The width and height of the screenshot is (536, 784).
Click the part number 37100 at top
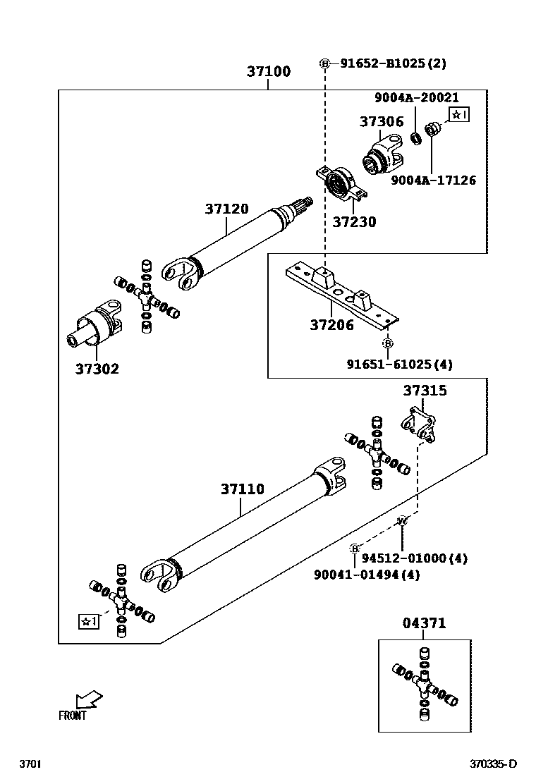pyautogui.click(x=268, y=72)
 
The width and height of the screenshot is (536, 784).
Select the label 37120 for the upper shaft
pyautogui.click(x=226, y=209)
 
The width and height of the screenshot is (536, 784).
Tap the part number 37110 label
pyautogui.click(x=242, y=489)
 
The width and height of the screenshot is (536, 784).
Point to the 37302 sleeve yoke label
pyautogui.click(x=97, y=369)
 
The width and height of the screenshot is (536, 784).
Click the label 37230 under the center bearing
pyautogui.click(x=354, y=222)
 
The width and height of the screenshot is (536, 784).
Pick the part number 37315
pyautogui.click(x=425, y=391)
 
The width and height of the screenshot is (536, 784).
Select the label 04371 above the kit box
pyautogui.click(x=424, y=623)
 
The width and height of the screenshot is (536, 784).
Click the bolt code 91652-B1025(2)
pyautogui.click(x=393, y=63)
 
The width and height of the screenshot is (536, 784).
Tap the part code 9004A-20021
pyautogui.click(x=416, y=98)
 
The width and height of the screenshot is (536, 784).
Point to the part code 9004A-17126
pyautogui.click(x=433, y=180)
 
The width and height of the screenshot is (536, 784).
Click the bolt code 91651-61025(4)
pyautogui.click(x=399, y=365)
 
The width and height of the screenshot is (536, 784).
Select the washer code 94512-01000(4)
pyautogui.click(x=415, y=558)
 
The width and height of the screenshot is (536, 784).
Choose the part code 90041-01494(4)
pyautogui.click(x=367, y=575)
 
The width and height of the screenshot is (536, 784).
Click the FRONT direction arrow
pyautogui.click(x=89, y=700)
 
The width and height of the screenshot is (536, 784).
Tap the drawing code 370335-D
pyautogui.click(x=494, y=764)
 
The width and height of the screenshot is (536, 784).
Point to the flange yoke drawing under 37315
pyautogui.click(x=418, y=425)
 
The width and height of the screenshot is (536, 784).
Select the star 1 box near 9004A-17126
pyautogui.click(x=458, y=114)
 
